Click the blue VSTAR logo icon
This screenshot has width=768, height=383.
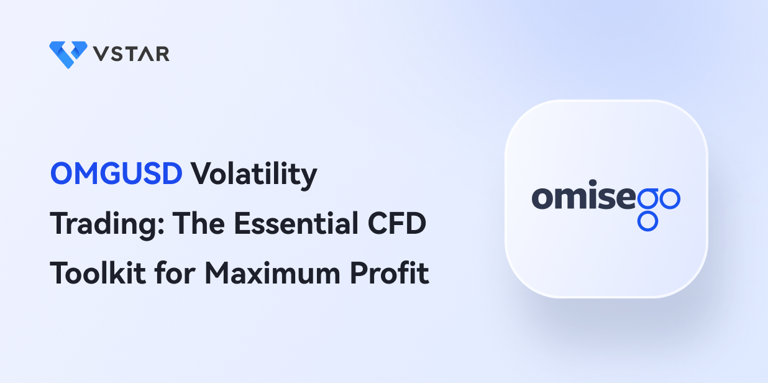coord(68,55)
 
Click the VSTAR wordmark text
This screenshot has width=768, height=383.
coord(131,54)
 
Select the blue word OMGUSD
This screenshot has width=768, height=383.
coord(116,173)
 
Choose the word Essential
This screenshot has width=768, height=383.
coord(296,223)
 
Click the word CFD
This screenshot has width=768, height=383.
coord(396,223)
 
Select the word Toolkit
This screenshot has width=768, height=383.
coord(98,273)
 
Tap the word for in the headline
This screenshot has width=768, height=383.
coord(175,273)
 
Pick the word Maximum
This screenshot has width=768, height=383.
coord(272,273)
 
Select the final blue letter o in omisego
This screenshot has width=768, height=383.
coord(670,199)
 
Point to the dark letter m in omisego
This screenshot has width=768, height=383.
coord(571,198)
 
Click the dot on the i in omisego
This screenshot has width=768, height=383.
coord(593,183)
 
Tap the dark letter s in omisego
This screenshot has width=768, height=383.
coord(606,198)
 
